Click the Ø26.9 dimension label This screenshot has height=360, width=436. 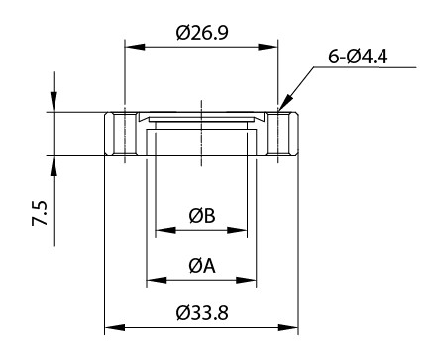(202, 33)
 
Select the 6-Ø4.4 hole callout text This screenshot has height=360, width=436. (358, 57)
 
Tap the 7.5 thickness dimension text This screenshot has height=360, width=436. (40, 213)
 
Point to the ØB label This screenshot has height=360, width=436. (202, 216)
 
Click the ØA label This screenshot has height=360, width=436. (202, 266)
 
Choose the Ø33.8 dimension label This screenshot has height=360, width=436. (202, 313)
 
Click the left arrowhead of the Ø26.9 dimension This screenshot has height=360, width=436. (135, 47)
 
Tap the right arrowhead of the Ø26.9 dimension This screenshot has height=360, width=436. (268, 47)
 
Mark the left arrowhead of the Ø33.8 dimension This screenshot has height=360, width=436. (115, 328)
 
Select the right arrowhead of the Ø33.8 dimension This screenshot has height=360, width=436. (288, 328)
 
